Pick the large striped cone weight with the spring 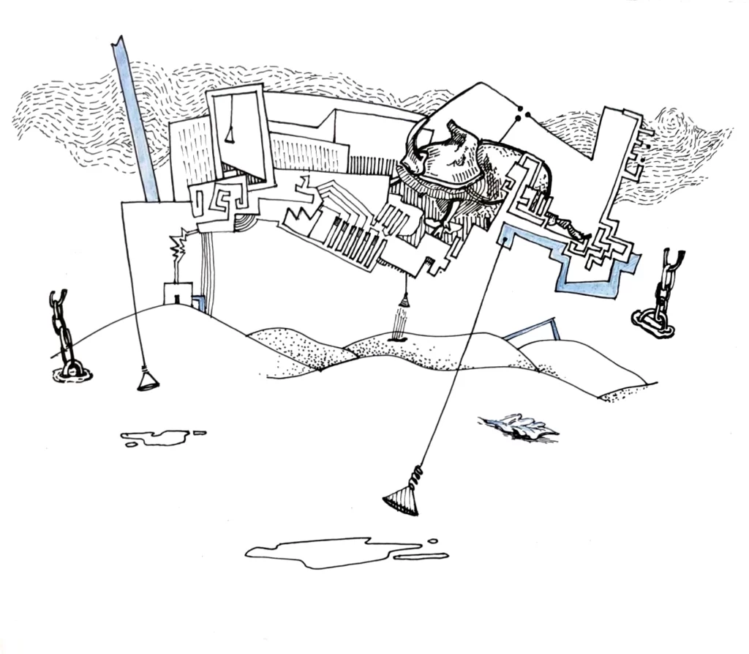(x=402, y=502)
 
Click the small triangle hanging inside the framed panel (x=230, y=135)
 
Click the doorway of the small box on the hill (x=176, y=297)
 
